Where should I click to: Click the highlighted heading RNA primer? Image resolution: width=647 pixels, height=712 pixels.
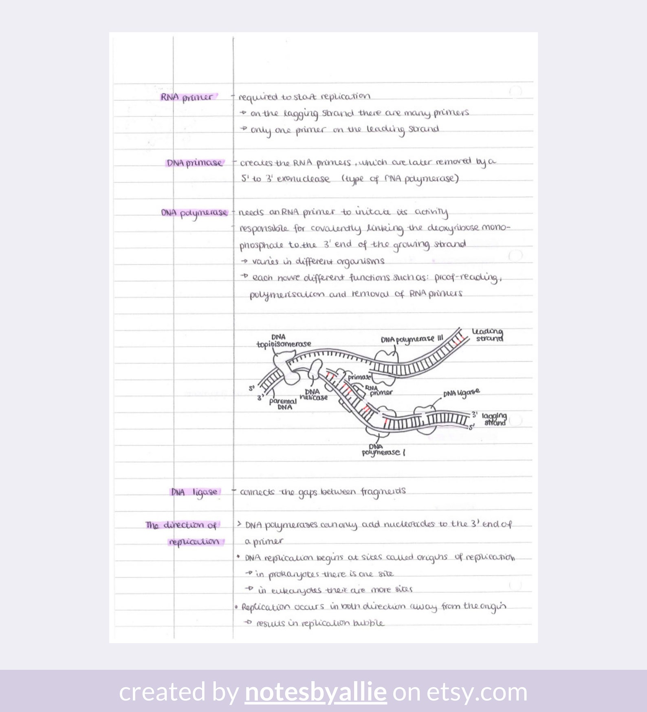pos(187,97)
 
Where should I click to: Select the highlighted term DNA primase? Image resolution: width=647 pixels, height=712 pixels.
pos(194,163)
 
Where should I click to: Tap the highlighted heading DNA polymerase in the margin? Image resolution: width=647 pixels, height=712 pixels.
pos(194,213)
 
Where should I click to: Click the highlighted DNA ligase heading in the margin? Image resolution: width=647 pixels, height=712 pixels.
pos(194,492)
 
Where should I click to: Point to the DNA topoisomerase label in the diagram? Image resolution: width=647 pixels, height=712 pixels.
pos(284,341)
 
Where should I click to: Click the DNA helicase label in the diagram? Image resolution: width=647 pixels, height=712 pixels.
pos(313,395)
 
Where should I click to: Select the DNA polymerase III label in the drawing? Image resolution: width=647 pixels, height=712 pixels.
pos(412,339)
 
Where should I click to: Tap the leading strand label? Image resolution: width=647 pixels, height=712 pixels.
pos(488,335)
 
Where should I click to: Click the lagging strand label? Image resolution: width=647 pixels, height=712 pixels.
pos(494,419)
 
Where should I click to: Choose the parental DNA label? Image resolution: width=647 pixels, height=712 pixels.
pos(283,404)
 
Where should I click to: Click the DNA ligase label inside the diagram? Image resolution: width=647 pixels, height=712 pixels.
pos(461,393)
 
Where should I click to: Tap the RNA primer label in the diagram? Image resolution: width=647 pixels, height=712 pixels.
pos(379,390)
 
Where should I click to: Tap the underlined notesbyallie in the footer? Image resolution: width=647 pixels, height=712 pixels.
pos(315,692)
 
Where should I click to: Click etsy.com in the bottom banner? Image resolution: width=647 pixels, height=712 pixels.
pos(477,692)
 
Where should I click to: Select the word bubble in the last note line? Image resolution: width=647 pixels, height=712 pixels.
pos(368,623)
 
